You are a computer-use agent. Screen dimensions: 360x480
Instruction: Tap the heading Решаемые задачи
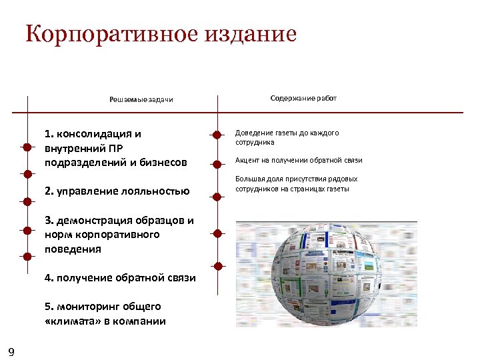point(141,100)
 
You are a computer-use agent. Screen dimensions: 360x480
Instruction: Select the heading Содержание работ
point(303,98)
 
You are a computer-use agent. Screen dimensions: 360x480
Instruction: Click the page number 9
point(11,351)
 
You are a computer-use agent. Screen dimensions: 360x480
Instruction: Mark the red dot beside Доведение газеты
point(217,135)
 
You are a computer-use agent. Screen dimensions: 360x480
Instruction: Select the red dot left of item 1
point(27,146)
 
